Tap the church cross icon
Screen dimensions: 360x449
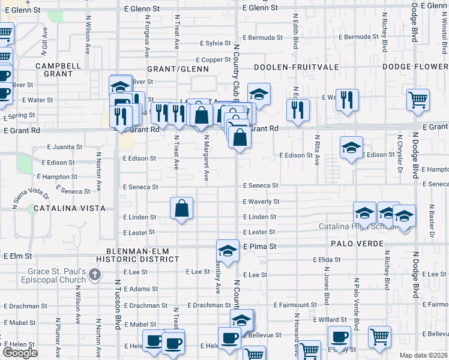pyautogui.click(x=94, y=274)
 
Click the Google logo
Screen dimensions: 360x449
pyautogui.click(x=20, y=353)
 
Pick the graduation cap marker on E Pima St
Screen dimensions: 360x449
pyautogui.click(x=228, y=251)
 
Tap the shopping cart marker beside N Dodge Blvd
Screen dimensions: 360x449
pyautogui.click(x=418, y=100)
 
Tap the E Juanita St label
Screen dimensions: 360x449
pyautogui.click(x=63, y=146)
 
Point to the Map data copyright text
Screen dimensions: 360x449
pyautogui.click(x=423, y=355)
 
